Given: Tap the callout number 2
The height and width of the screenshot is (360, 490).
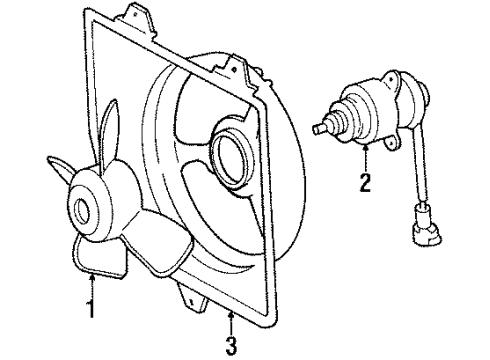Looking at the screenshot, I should (366, 183).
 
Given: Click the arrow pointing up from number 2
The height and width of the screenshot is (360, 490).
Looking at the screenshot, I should (366, 156).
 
